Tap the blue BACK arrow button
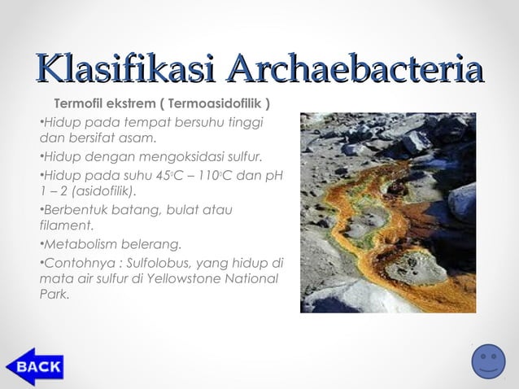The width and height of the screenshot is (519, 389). [x=35, y=366]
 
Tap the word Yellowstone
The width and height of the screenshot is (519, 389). [x=181, y=278]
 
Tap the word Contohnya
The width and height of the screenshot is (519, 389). [x=76, y=263]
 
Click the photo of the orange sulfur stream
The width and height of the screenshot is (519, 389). [x=388, y=212]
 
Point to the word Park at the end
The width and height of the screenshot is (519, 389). [x=53, y=295]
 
